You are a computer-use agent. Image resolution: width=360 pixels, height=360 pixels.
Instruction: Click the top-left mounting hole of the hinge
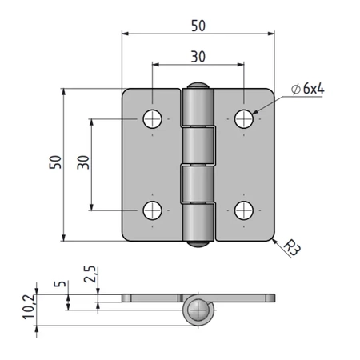click(152, 118)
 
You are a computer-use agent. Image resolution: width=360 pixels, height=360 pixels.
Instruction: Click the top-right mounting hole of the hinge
click(244, 118)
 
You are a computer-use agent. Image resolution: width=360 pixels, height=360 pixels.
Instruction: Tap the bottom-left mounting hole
click(152, 210)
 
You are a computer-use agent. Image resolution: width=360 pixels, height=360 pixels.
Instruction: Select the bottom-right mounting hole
click(244, 210)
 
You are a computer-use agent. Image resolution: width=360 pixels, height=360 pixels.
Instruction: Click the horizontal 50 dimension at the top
click(198, 26)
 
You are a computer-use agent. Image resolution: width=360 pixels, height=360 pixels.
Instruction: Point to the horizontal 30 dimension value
click(198, 57)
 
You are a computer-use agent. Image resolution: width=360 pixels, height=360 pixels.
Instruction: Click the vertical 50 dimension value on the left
click(55, 162)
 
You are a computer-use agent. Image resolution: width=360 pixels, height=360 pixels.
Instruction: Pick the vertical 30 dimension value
click(83, 162)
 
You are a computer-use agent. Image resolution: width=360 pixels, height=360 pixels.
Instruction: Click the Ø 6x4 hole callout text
click(308, 89)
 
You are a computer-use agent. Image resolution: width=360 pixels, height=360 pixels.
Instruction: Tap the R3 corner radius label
click(292, 248)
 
